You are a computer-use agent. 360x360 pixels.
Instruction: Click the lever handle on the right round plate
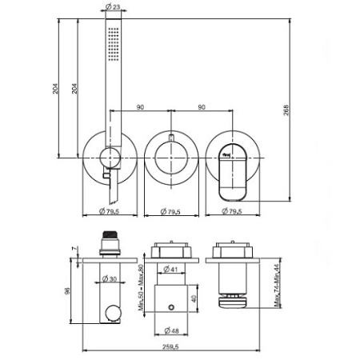231,178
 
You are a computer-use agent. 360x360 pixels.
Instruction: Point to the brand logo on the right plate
226,148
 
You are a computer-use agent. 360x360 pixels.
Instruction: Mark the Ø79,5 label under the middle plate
170,211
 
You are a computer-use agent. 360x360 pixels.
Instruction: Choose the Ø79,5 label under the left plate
111,211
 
